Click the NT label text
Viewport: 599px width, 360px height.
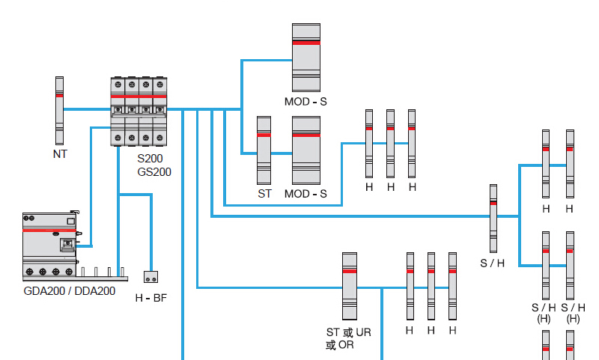60,154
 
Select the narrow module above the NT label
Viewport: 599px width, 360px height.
59,111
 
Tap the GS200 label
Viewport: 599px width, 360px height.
154,172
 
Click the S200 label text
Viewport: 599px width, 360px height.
150,158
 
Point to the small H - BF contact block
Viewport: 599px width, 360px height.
151,277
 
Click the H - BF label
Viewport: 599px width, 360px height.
151,298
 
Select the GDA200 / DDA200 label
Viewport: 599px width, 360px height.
69,291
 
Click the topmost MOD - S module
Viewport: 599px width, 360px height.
306,58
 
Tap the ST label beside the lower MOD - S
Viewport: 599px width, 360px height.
264,194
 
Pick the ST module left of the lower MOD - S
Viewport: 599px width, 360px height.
264,150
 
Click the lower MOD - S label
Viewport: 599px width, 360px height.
305,194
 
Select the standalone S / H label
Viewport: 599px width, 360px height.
493,263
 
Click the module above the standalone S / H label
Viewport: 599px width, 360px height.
493,219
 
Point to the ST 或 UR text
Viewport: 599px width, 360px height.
348,332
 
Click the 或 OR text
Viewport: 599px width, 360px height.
340,345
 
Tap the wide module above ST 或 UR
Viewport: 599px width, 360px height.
350,286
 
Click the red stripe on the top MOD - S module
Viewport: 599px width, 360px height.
306,43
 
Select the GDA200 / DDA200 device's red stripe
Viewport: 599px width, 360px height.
49,231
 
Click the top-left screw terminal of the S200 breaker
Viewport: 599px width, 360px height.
118,85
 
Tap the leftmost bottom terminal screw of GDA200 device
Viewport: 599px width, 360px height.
29,272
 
